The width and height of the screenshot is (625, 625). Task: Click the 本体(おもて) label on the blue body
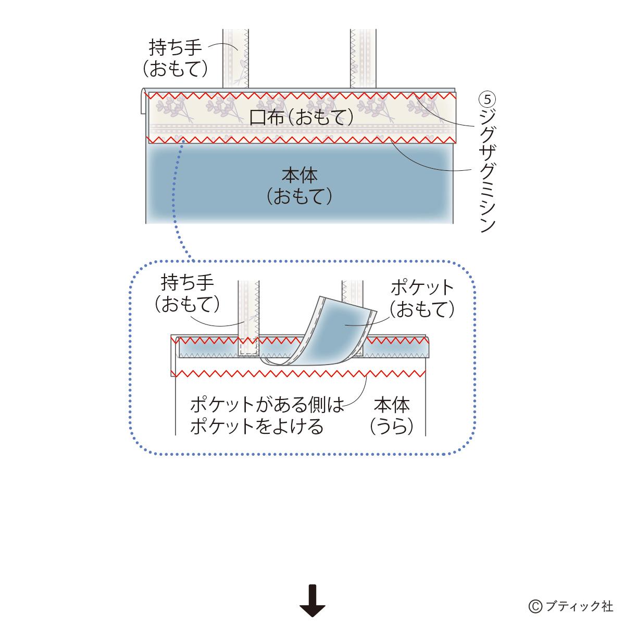point(299,185)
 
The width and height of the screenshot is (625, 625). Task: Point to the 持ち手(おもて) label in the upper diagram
point(175,58)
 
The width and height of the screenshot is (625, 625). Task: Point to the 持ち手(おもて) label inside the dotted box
point(187,294)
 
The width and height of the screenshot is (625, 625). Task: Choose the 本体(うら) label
point(392,415)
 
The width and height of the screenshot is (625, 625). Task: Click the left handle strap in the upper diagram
point(236,57)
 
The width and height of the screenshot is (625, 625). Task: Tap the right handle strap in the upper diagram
point(363,57)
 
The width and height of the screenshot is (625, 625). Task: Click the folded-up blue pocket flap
point(339,331)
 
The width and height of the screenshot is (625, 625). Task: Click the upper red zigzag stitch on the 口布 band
point(302,96)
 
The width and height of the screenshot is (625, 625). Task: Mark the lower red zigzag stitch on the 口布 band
point(302,139)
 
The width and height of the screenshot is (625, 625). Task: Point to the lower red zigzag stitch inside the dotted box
point(302,373)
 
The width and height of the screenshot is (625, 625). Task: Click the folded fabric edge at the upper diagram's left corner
point(143,101)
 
